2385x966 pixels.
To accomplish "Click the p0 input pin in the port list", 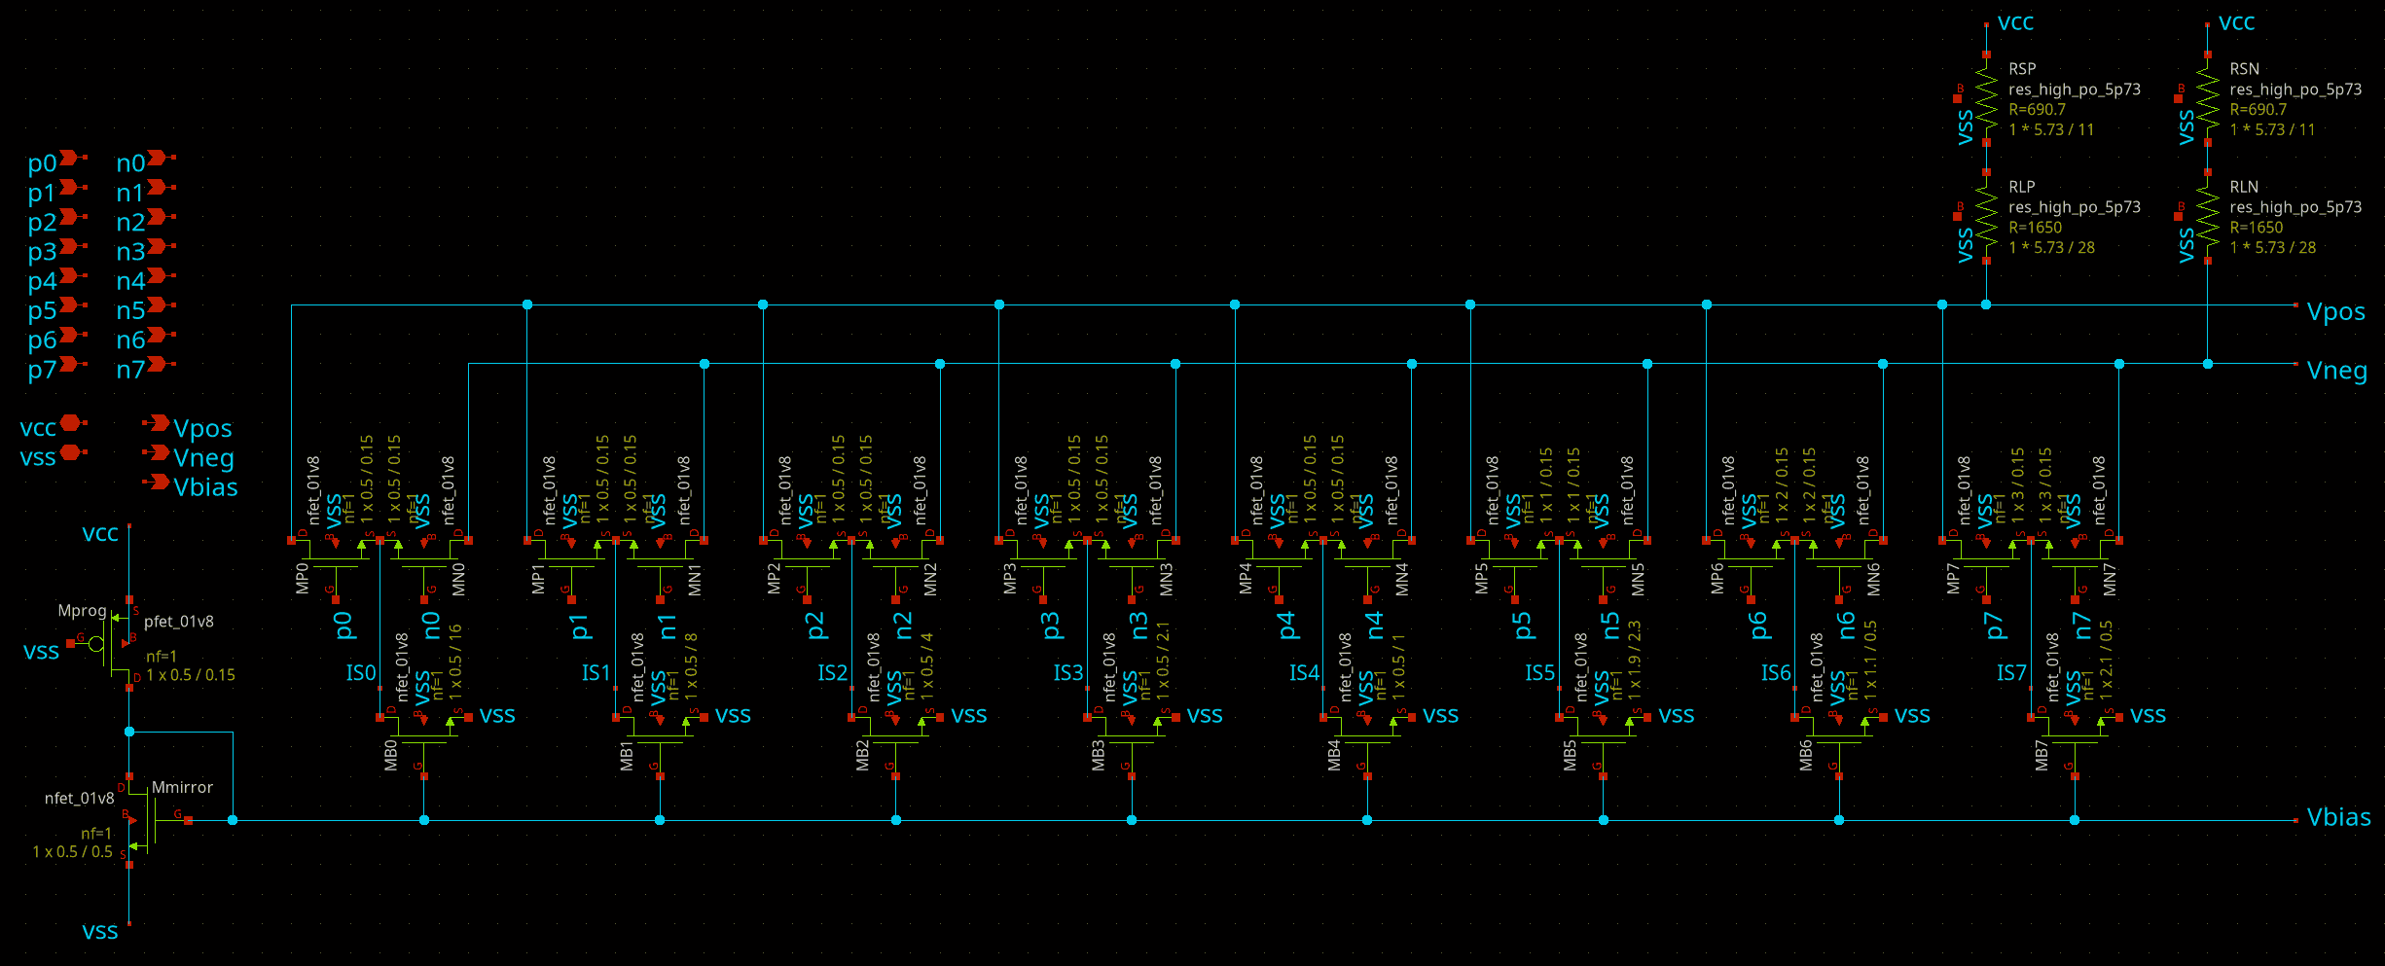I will coord(70,158).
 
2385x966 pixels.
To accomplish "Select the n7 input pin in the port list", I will coord(159,365).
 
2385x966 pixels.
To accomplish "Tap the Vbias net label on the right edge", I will coord(2338,817).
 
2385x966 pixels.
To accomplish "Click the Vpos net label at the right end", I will coord(2335,311).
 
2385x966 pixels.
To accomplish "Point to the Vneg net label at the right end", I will coord(2336,371).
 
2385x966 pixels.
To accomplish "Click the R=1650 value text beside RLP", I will coord(2035,228).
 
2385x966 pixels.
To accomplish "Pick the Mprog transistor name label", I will coord(82,611).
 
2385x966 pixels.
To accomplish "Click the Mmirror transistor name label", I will coord(182,787).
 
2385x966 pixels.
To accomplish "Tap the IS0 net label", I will coord(360,673).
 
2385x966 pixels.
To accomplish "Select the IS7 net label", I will coord(2011,673).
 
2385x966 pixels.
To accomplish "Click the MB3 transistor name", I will coord(1099,755).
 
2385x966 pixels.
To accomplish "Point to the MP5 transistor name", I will coord(1482,578).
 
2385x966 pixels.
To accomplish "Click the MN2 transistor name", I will coord(930,578).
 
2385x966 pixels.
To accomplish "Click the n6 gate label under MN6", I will coord(1846,625).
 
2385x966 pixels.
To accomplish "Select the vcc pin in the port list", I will coord(70,423).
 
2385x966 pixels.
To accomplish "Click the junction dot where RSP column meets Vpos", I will coord(1986,304).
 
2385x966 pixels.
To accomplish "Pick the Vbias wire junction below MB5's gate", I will coord(1604,820).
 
